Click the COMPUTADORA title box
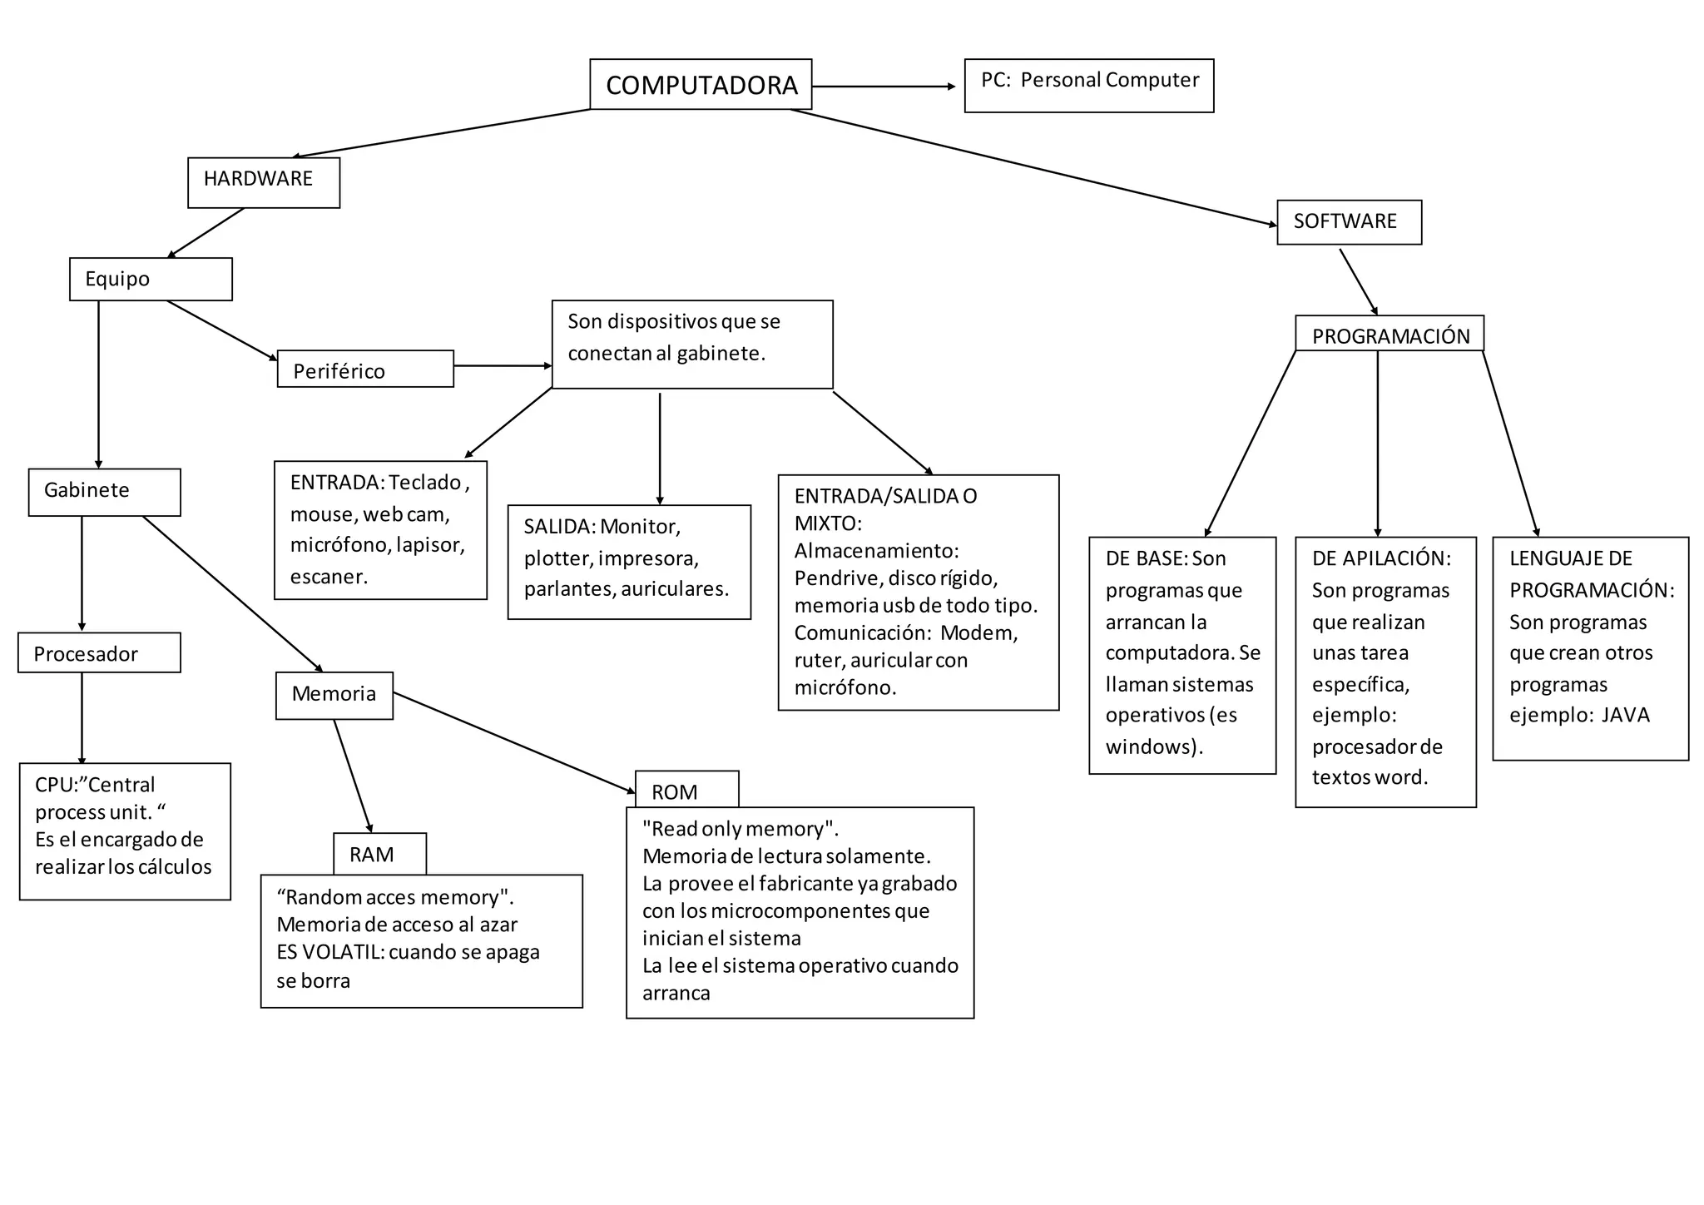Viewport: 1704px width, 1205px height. point(701,84)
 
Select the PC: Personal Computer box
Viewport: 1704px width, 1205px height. point(1088,85)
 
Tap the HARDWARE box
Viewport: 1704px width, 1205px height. point(263,182)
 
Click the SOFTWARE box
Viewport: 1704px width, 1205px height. point(1349,221)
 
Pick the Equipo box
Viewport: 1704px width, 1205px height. point(151,279)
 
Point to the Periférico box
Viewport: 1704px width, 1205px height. point(365,369)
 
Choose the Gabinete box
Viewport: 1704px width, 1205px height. point(104,492)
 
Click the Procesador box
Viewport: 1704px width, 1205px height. point(99,652)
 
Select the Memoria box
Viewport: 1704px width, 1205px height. point(334,695)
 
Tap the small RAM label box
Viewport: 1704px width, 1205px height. point(379,854)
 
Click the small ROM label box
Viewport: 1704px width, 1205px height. point(686,790)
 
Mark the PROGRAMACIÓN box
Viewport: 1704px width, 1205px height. point(1389,335)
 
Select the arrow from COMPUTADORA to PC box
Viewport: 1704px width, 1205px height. point(884,87)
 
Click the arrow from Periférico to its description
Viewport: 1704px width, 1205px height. point(503,365)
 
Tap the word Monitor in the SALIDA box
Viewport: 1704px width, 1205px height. point(639,527)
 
